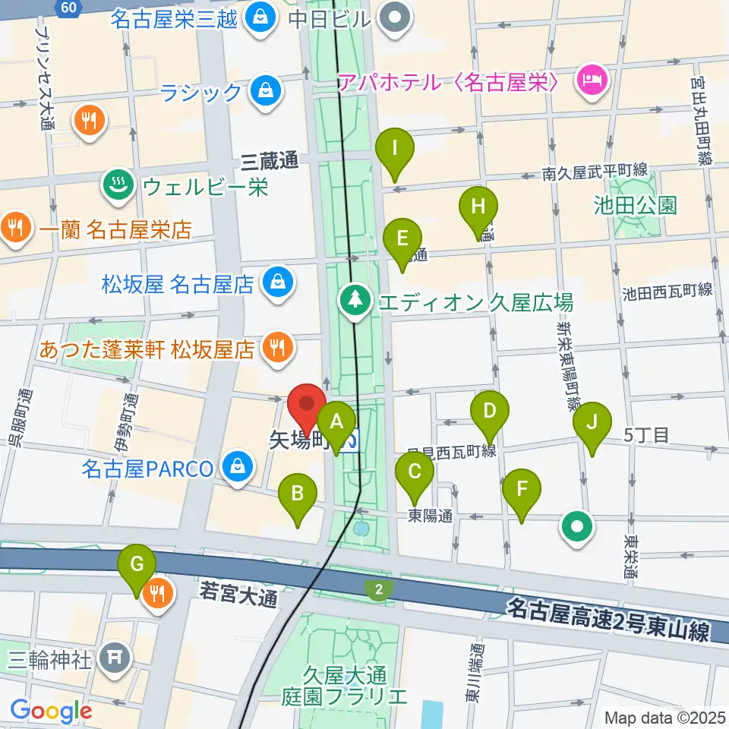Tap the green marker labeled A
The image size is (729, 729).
[x=336, y=421]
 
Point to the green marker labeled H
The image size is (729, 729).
[x=478, y=207]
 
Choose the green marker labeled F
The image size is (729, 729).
[x=521, y=489]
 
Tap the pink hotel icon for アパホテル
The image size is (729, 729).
[x=590, y=81]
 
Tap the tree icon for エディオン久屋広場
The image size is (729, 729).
[x=355, y=301]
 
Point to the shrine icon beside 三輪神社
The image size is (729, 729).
[x=115, y=657]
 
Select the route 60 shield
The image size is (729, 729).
[x=68, y=8]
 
